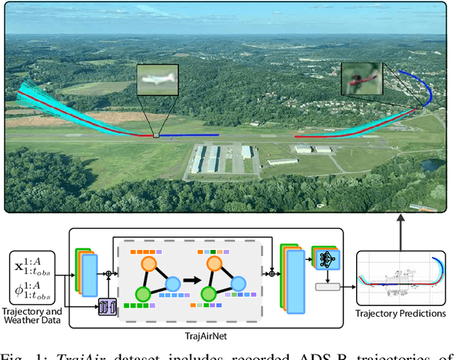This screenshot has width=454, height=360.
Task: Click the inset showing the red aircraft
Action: point(361,77)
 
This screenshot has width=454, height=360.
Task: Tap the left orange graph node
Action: point(148,263)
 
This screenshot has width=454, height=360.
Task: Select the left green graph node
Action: point(143,293)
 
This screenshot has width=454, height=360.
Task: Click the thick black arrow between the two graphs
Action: point(189,278)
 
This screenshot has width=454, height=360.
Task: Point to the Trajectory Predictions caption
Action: point(402,313)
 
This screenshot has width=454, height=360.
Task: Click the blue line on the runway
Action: point(189,135)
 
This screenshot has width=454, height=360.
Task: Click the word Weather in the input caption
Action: point(31,322)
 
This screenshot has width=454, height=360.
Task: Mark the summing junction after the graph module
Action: point(272,272)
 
